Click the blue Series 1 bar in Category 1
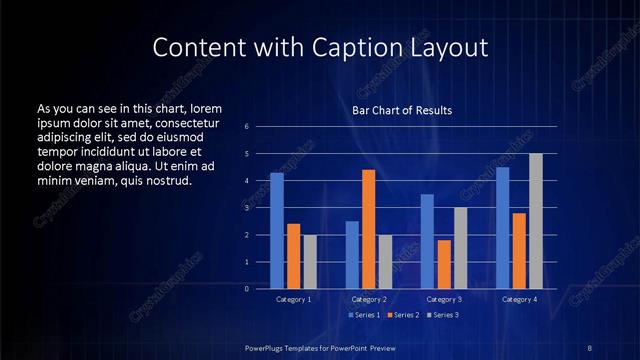pyautogui.click(x=277, y=230)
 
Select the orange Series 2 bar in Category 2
pyautogui.click(x=368, y=229)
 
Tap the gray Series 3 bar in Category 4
pyautogui.click(x=535, y=221)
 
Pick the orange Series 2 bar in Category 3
pyautogui.click(x=443, y=264)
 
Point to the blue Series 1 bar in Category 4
pyautogui.click(x=502, y=227)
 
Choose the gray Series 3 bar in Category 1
pyautogui.click(x=310, y=261)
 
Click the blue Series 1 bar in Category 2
pyautogui.click(x=352, y=254)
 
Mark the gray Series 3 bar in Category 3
pyautogui.click(x=460, y=248)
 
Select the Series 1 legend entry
pyautogui.click(x=362, y=315)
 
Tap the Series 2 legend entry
pyautogui.click(x=403, y=315)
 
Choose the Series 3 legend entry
pyautogui.click(x=442, y=315)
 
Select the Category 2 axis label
pyautogui.click(x=368, y=299)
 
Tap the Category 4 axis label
pyautogui.click(x=519, y=299)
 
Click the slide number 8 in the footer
pyautogui.click(x=589, y=346)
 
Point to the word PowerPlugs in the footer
pyautogui.click(x=268, y=346)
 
